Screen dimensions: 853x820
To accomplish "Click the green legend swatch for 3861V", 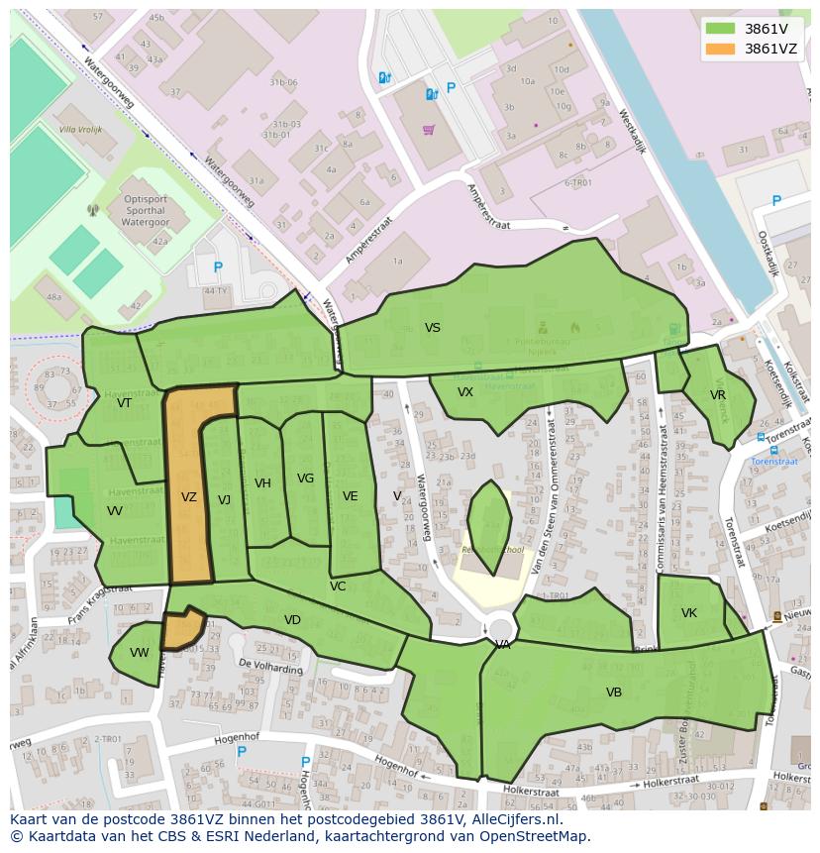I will coord(720,29).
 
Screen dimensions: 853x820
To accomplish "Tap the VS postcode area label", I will coord(433,328).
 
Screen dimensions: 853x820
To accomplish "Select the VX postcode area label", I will coord(465,392).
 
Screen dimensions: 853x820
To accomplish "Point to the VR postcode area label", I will coord(718,395).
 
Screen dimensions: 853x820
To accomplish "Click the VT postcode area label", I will coord(124,403).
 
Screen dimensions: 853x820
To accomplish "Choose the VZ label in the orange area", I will coord(189,497).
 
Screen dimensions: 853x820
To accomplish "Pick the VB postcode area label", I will coord(614,693).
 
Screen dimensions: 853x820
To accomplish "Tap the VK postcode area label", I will coord(689,613).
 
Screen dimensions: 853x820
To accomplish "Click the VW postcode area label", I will coord(140,653).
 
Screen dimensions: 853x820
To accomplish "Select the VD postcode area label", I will coord(292,620).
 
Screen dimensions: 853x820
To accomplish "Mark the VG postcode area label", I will coord(305,479).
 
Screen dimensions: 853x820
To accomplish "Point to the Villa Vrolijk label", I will coord(80,130).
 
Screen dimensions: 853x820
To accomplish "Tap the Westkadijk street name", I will coord(631,131).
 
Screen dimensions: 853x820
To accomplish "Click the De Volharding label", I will coord(270,667).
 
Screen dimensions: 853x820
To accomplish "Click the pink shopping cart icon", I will coord(429,130).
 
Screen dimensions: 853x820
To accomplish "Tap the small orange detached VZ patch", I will coord(183,628).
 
